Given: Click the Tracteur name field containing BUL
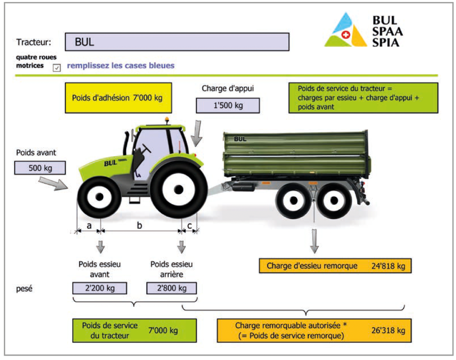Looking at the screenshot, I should click(x=177, y=42).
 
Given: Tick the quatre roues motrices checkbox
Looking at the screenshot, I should click(x=57, y=68).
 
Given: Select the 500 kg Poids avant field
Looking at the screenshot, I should click(x=40, y=168).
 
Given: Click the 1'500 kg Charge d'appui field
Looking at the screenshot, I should click(x=227, y=106).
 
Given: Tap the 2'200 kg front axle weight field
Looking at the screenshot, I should click(x=100, y=288).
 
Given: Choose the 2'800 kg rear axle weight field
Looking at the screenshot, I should click(x=171, y=288).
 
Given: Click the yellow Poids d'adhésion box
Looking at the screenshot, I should click(x=118, y=98).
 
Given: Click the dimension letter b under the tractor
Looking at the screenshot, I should click(x=139, y=226).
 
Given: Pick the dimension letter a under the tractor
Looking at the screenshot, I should click(x=89, y=226).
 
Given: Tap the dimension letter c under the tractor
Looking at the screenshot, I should click(x=190, y=226).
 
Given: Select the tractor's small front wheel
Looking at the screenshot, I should click(x=99, y=196).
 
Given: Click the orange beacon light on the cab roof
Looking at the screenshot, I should click(x=167, y=120).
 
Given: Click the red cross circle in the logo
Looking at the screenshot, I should click(x=346, y=35).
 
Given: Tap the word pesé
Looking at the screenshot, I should click(x=24, y=288).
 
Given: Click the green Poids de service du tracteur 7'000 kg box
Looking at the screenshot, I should click(x=134, y=330).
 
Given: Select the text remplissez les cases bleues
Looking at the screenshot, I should click(x=121, y=65).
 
